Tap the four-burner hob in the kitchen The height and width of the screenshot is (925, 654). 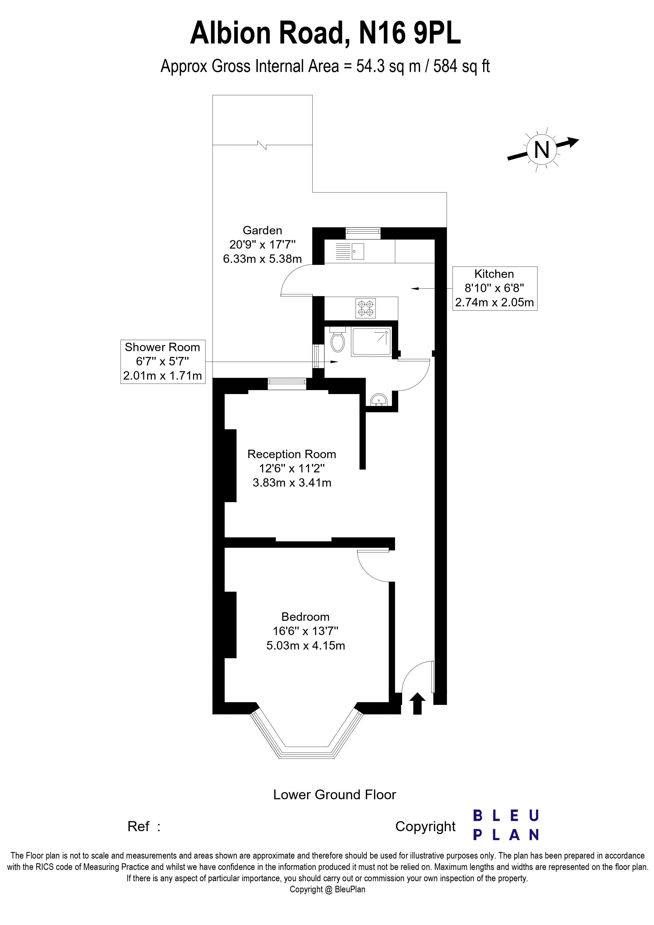[x=366, y=308]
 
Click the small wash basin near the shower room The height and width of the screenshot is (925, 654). [x=379, y=400]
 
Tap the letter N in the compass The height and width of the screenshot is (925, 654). [x=542, y=150]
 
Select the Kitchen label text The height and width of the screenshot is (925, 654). [x=494, y=274]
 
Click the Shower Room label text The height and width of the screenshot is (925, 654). [x=162, y=347]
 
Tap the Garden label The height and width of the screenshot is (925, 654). [x=262, y=230]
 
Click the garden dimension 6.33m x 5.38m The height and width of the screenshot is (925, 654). [x=262, y=259]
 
